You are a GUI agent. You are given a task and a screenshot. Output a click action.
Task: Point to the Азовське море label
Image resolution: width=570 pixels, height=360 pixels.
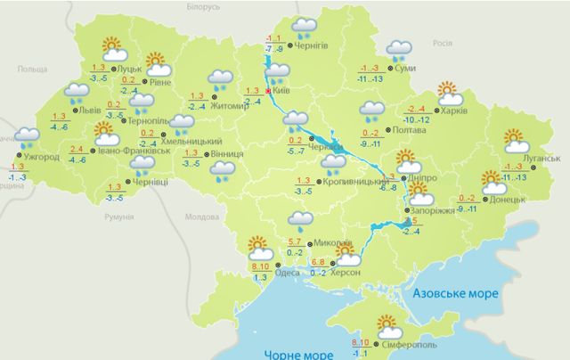(x=452, y=292)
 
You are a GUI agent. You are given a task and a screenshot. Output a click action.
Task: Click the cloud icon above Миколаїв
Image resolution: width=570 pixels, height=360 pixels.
(x=300, y=220)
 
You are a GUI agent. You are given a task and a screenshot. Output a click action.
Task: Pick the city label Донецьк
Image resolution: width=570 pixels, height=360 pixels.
(x=506, y=200)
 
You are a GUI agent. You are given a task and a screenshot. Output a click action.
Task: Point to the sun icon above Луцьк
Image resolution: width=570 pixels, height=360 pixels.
(x=111, y=46)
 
